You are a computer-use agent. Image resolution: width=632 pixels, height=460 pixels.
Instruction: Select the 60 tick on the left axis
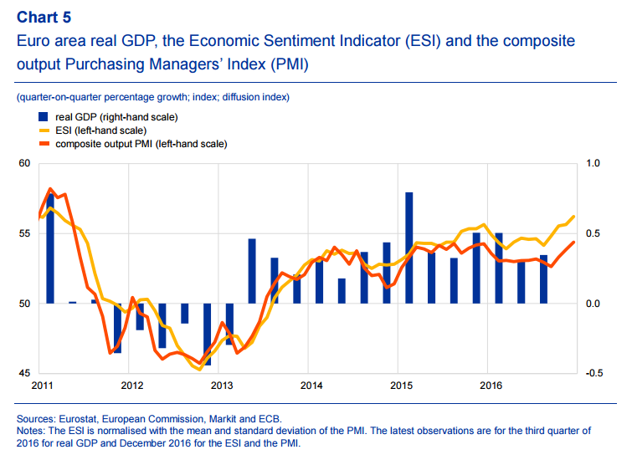point(23,163)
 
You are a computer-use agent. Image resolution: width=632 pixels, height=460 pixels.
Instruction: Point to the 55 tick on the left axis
point(23,233)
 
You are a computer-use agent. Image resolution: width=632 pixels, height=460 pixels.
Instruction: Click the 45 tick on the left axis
point(23,373)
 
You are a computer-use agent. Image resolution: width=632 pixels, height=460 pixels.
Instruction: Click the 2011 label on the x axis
point(43,386)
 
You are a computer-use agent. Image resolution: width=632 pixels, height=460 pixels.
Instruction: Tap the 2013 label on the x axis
point(222,386)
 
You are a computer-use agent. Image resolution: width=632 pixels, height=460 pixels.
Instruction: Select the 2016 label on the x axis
point(490,386)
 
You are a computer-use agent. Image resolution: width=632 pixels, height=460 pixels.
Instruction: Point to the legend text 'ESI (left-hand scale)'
point(100,130)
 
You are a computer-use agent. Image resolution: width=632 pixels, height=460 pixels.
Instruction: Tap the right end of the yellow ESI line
point(574,217)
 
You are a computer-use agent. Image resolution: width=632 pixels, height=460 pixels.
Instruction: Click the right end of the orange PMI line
point(574,243)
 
